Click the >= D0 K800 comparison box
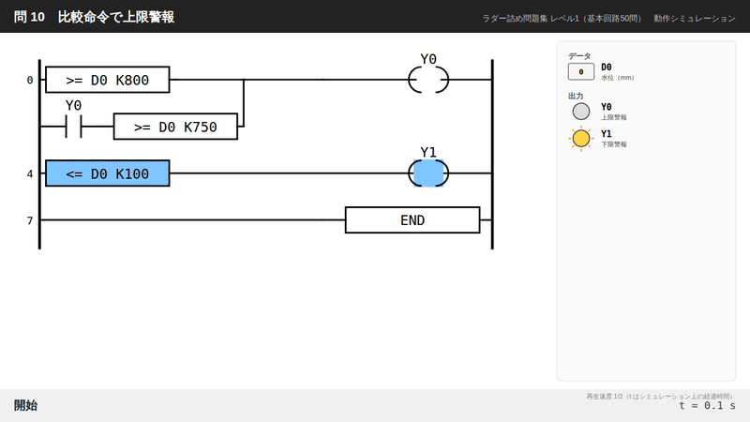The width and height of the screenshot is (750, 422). pyautogui.click(x=108, y=80)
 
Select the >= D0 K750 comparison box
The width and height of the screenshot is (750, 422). pyautogui.click(x=175, y=127)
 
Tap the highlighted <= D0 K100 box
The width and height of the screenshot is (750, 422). pyautogui.click(x=108, y=173)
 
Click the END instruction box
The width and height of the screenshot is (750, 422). pyautogui.click(x=412, y=220)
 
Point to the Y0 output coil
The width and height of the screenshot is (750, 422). pyautogui.click(x=410, y=80)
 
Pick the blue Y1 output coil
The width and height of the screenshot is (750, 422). pyautogui.click(x=428, y=173)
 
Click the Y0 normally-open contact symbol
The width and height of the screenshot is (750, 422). pyautogui.click(x=74, y=127)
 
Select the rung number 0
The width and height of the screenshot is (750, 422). pyautogui.click(x=30, y=80)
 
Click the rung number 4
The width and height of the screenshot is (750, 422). pyautogui.click(x=30, y=173)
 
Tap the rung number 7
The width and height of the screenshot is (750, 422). pyautogui.click(x=30, y=220)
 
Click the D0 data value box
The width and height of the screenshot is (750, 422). pyautogui.click(x=580, y=72)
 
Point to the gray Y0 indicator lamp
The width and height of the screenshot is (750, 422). pyautogui.click(x=581, y=112)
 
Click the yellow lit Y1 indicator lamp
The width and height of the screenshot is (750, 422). pyautogui.click(x=581, y=138)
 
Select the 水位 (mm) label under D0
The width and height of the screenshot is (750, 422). pyautogui.click(x=617, y=78)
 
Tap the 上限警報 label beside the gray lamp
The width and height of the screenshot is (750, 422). pyautogui.click(x=614, y=117)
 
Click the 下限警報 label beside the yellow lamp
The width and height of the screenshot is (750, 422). pyautogui.click(x=614, y=144)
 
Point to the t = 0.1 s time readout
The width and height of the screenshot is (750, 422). pyautogui.click(x=707, y=406)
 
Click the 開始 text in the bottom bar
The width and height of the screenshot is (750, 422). pyautogui.click(x=25, y=405)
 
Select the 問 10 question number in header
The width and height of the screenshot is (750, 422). pyautogui.click(x=29, y=17)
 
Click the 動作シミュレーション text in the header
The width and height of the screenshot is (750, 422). pyautogui.click(x=695, y=18)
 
